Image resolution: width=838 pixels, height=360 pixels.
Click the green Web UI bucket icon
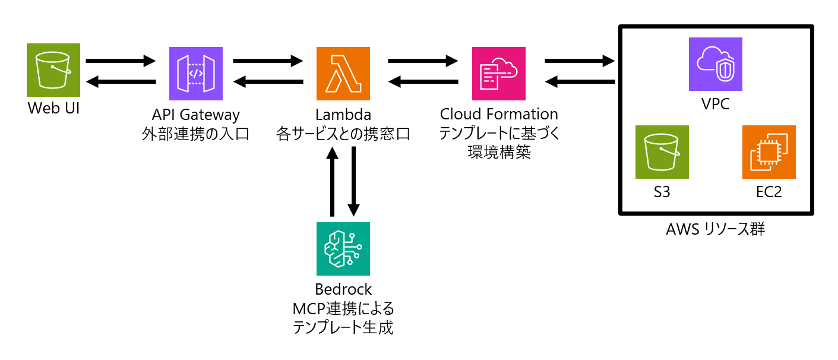[x=53, y=70]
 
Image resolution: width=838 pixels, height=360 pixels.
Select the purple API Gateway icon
[x=196, y=74]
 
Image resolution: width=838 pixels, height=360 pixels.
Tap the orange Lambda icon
[x=343, y=74]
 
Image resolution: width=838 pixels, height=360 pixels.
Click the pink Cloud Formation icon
[x=498, y=74]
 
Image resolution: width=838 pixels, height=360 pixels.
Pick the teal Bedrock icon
[x=343, y=248]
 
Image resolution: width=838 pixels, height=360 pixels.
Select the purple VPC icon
[x=715, y=64]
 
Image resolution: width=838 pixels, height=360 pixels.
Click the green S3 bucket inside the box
[x=662, y=152]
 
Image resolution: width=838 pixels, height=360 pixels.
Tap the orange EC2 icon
[x=769, y=152]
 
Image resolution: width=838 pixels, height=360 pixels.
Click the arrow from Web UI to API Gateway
[x=121, y=61]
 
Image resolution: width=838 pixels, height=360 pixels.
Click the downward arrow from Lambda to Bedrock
[x=354, y=181]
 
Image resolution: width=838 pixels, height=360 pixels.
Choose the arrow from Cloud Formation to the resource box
[x=579, y=61]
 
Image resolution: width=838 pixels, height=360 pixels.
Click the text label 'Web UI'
[x=53, y=109]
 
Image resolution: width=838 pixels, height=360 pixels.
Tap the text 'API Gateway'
[x=195, y=115]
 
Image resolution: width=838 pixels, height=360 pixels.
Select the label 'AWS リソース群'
[x=715, y=229]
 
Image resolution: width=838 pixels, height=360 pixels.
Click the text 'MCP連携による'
[x=343, y=309]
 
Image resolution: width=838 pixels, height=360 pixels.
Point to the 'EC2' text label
[x=769, y=192]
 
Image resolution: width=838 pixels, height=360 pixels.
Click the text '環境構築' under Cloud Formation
[x=498, y=153]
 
